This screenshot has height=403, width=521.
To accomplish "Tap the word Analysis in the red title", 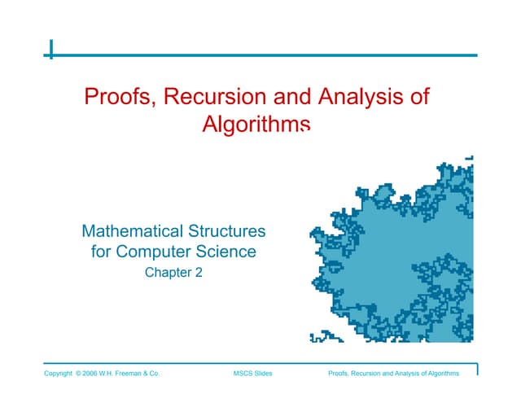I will [358, 99].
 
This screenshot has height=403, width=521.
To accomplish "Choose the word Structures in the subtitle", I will [227, 232].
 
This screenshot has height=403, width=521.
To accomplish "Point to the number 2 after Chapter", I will [199, 274].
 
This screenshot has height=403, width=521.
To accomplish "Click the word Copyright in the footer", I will [58, 374].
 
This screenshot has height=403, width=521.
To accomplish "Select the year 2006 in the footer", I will [92, 374].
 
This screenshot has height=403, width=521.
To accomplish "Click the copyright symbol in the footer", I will [78, 374].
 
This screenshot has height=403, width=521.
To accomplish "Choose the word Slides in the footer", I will [262, 374].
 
